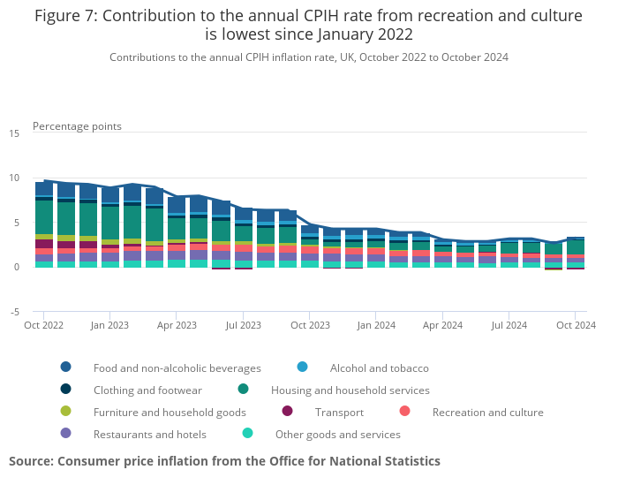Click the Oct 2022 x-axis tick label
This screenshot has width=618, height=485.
tap(44, 325)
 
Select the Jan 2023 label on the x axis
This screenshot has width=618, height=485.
tap(110, 325)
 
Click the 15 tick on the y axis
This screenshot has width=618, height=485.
tap(14, 133)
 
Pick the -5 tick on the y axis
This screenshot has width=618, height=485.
tap(14, 312)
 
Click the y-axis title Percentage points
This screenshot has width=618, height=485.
tap(77, 126)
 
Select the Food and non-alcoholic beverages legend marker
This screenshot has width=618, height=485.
tap(66, 368)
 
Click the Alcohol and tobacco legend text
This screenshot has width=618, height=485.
tap(379, 368)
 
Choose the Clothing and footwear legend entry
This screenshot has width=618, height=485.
tap(147, 390)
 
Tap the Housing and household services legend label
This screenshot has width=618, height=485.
tap(350, 390)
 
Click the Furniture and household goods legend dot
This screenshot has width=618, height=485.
tap(66, 412)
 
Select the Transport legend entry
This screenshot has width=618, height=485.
tap(339, 412)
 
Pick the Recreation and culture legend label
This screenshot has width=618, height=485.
tap(487, 412)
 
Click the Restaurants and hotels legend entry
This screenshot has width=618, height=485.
tap(149, 434)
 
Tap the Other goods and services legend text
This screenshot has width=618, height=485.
tap(337, 434)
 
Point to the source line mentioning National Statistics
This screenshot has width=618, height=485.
tap(224, 461)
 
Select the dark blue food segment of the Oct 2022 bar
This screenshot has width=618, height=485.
tap(44, 188)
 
